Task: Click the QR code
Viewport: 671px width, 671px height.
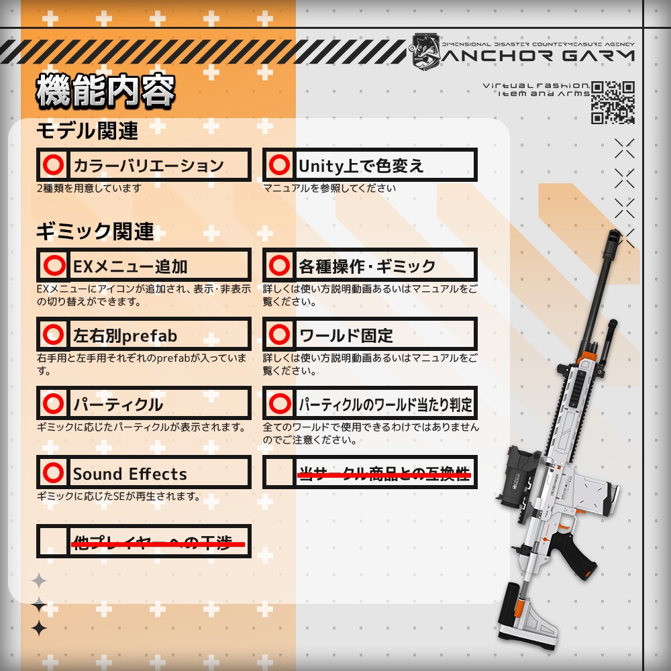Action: (x=613, y=102)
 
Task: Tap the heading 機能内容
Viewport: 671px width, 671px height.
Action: (x=105, y=92)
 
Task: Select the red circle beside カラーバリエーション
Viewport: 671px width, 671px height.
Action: (x=53, y=165)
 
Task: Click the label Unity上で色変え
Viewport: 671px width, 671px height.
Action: (x=361, y=166)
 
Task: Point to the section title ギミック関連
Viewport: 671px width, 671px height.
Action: (x=95, y=232)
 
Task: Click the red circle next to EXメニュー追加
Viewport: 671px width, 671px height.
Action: (x=53, y=266)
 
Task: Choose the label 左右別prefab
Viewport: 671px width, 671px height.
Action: (x=125, y=335)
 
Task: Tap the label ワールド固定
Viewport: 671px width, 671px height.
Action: (x=346, y=335)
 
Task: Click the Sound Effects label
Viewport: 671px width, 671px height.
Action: (x=130, y=474)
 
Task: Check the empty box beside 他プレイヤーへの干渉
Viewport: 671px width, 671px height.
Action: (x=53, y=541)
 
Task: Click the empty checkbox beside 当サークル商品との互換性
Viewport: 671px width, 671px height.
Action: (x=278, y=473)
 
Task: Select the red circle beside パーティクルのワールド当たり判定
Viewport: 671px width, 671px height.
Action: (x=278, y=403)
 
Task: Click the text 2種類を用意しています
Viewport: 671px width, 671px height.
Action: (x=89, y=189)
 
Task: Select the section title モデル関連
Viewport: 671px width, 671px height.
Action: (x=87, y=131)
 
